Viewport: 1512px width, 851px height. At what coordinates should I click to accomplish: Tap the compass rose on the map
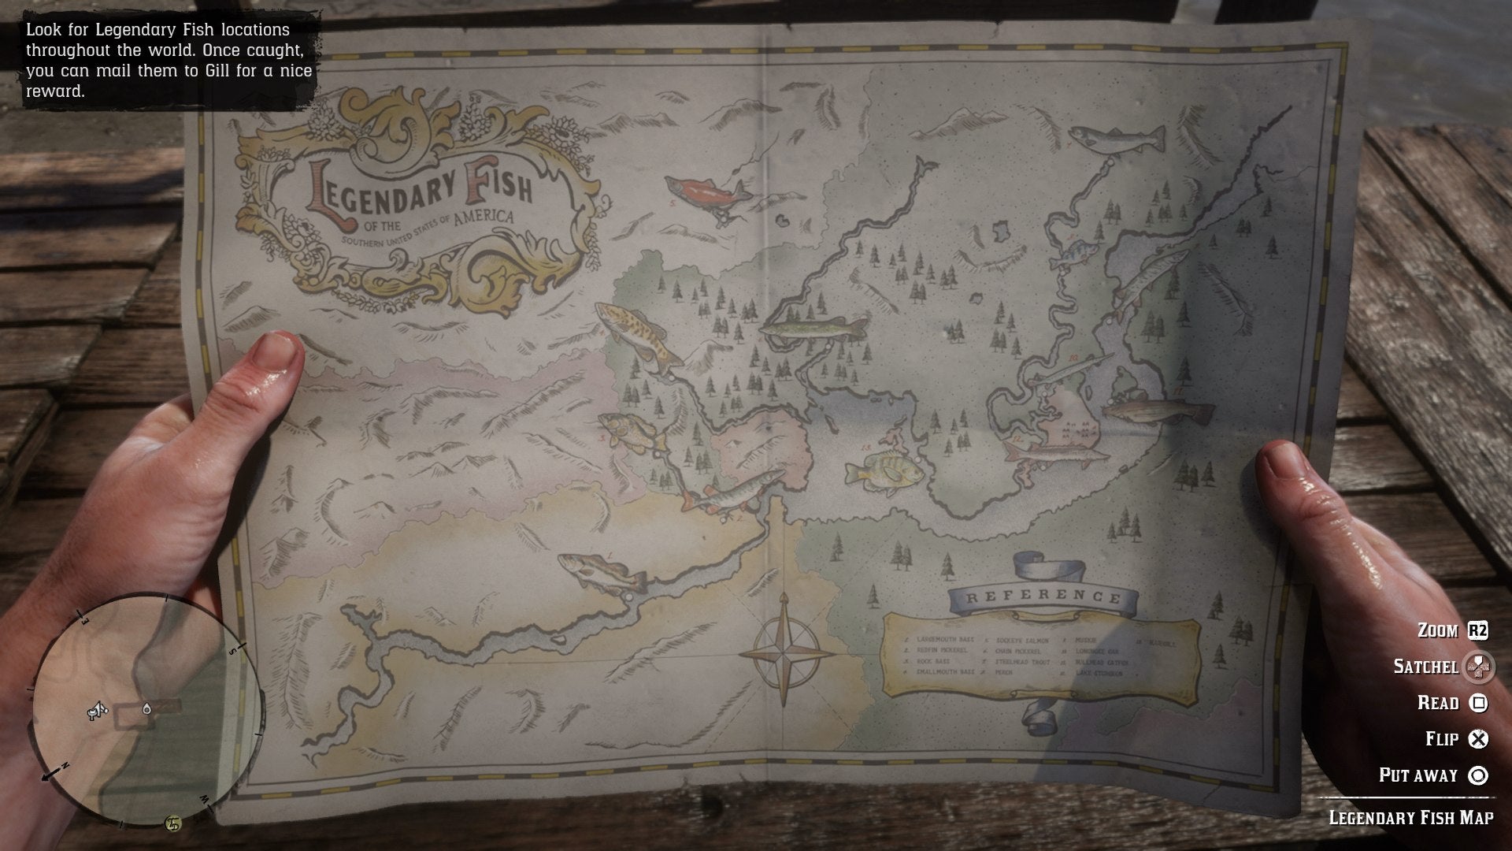786,651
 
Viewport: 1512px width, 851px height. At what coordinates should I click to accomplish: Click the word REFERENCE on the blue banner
1043,597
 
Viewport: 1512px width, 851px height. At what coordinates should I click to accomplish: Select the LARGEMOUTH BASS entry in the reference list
944,639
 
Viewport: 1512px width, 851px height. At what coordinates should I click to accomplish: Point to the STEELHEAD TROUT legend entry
1022,663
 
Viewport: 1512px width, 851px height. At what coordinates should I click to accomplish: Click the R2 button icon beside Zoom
1477,630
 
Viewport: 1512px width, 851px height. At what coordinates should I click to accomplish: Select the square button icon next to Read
1479,703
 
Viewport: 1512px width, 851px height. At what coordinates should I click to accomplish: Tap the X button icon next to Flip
1479,739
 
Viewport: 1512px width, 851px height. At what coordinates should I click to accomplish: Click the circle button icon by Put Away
1479,775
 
